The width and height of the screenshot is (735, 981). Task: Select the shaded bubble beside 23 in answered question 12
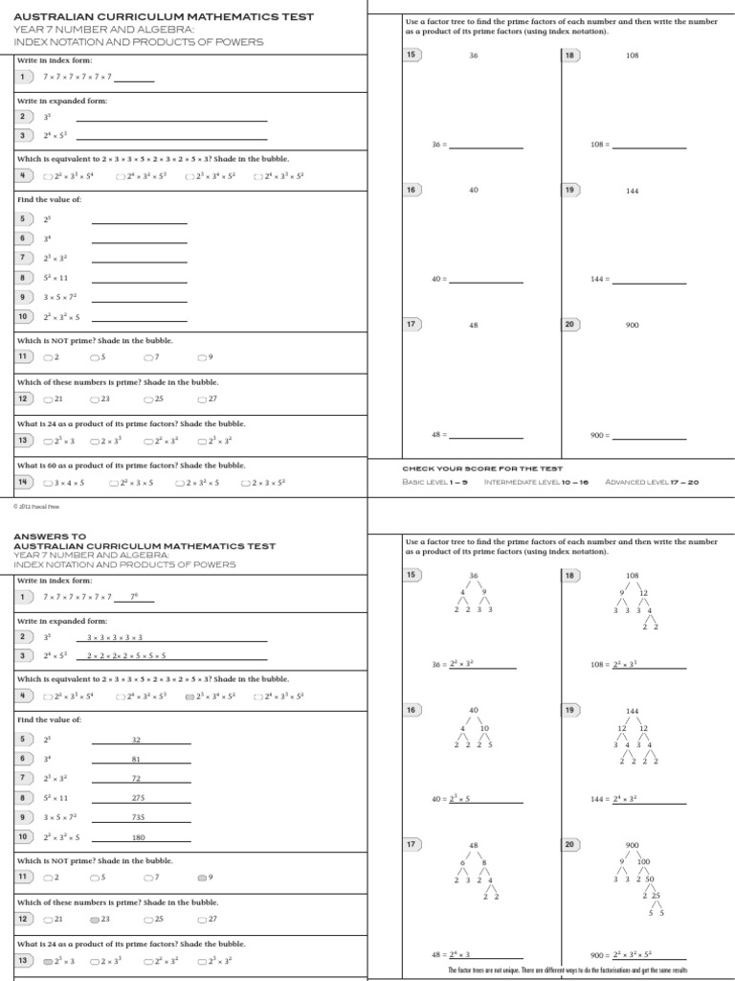(95, 919)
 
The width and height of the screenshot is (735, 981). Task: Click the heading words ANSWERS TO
(50, 536)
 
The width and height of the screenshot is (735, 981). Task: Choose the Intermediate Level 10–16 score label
(538, 482)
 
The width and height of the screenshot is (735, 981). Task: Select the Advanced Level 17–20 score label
(652, 482)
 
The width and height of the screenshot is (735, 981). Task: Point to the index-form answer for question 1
(134, 596)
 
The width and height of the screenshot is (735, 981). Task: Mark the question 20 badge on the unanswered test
(570, 325)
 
